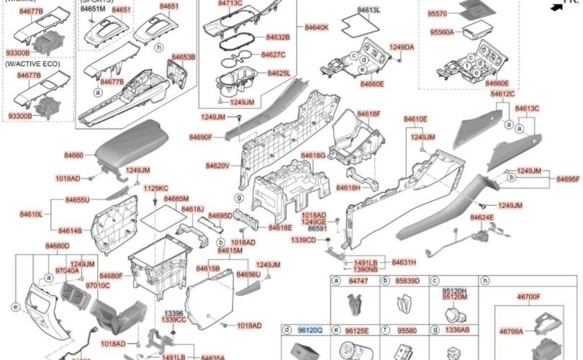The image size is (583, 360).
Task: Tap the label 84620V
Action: [217, 166]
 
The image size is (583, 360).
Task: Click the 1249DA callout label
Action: [402, 48]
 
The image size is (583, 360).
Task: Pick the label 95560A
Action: [441, 32]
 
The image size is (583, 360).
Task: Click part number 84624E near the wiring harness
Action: [482, 217]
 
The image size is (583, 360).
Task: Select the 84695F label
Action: [568, 179]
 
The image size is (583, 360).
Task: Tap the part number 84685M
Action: [176, 199]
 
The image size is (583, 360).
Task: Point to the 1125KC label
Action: [155, 188]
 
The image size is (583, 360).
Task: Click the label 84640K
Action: [317, 27]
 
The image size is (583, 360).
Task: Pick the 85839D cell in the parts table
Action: [407, 280]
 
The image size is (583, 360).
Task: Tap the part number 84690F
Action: [201, 137]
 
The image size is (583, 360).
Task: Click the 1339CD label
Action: [303, 240]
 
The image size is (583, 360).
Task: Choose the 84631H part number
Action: [404, 263]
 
